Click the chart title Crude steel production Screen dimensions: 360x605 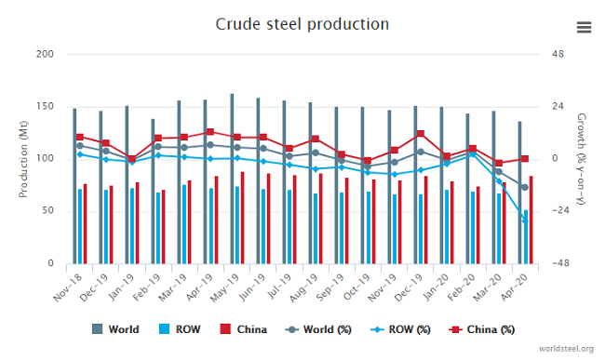pos(302,22)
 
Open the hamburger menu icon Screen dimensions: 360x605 pos(584,27)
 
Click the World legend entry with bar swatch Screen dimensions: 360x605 pos(115,329)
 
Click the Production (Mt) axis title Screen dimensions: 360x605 pos(24,158)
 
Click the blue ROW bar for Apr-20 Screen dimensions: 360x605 pos(526,237)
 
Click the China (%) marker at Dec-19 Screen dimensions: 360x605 pos(421,134)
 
